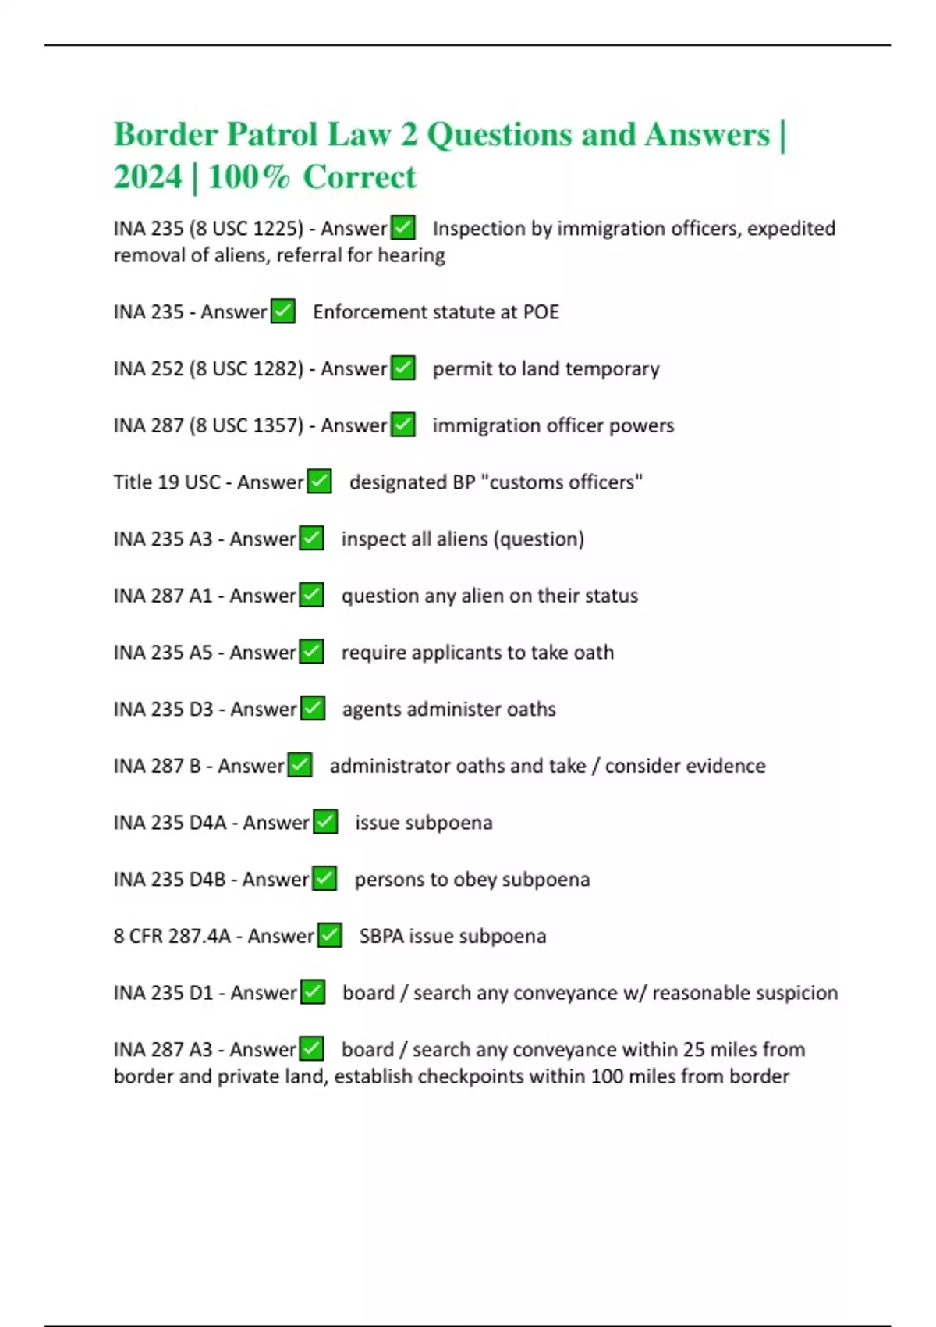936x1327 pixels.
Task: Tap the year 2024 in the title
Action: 147,177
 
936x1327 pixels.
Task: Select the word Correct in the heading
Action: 360,177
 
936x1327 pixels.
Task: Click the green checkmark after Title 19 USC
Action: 319,482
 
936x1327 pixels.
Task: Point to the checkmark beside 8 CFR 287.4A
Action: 329,935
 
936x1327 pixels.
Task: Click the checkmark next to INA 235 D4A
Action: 324,822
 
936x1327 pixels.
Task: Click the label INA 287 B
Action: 157,766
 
